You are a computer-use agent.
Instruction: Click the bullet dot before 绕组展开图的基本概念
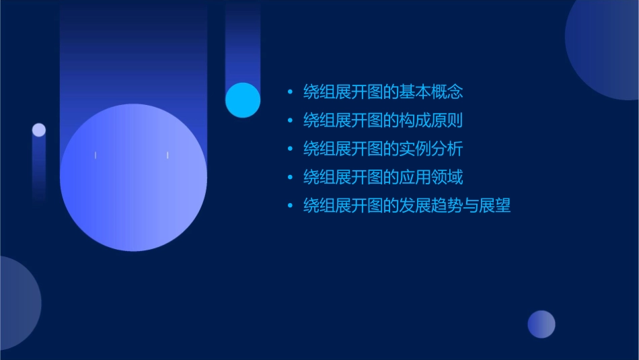[x=290, y=92]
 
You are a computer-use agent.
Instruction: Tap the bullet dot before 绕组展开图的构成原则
[x=290, y=121]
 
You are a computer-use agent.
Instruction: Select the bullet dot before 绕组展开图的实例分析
[x=290, y=149]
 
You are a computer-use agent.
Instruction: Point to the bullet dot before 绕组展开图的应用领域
[x=290, y=178]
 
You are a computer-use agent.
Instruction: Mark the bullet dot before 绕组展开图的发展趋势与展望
[x=290, y=206]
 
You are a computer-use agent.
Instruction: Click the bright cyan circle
[x=243, y=100]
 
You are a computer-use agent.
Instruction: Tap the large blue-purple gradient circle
[x=133, y=177]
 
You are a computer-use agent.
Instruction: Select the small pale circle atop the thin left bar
[x=39, y=130]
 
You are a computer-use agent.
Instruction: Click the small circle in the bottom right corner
[x=541, y=324]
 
